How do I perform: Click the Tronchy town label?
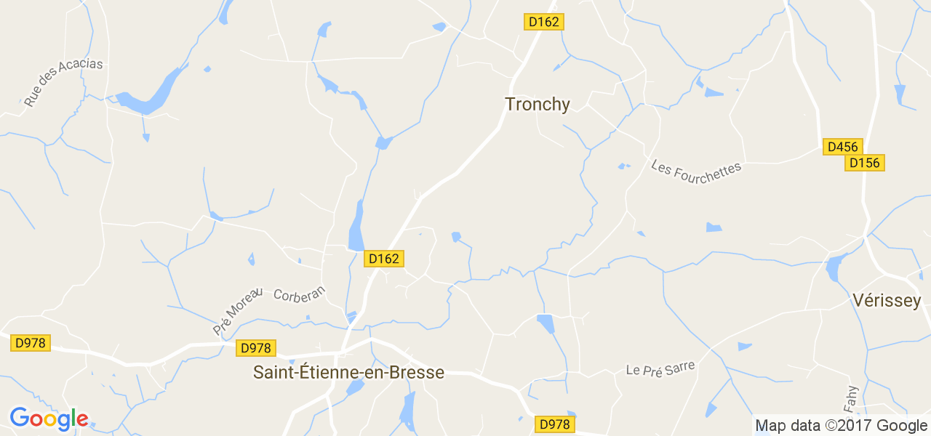click(538, 105)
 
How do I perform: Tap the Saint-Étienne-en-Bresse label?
click(348, 373)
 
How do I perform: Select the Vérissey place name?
click(887, 301)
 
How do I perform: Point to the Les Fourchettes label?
click(696, 168)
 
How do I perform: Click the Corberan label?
click(300, 295)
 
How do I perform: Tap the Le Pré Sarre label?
click(660, 368)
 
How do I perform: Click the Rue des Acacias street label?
click(63, 82)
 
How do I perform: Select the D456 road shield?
click(843, 147)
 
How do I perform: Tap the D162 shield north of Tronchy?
click(544, 22)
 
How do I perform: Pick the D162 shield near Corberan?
click(383, 259)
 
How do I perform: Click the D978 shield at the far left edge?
click(31, 342)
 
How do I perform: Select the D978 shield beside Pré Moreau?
click(256, 348)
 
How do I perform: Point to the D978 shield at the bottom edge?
click(555, 424)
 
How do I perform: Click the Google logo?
click(49, 419)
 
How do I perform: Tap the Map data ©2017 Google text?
click(841, 426)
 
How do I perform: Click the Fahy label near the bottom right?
click(852, 397)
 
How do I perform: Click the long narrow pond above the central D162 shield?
click(356, 226)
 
